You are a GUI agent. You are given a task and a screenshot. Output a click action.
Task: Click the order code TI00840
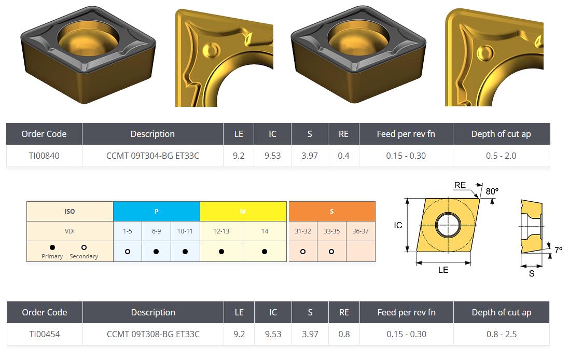pyautogui.click(x=44, y=156)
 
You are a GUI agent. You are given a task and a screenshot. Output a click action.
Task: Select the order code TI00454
pyautogui.click(x=44, y=334)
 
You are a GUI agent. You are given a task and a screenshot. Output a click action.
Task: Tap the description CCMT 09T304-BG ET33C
pyautogui.click(x=152, y=156)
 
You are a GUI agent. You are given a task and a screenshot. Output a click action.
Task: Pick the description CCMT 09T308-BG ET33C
pyautogui.click(x=153, y=334)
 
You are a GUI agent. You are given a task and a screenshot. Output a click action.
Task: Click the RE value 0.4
pyautogui.click(x=343, y=156)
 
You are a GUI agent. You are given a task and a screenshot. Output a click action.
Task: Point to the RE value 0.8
pyautogui.click(x=344, y=334)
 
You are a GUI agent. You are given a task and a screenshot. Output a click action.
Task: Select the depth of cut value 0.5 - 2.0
pyautogui.click(x=501, y=156)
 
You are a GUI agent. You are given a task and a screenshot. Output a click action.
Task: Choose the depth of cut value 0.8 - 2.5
pyautogui.click(x=502, y=334)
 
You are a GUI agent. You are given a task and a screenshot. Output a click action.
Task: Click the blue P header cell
pyautogui.click(x=157, y=211)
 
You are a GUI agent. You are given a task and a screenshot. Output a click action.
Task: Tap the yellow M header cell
pyautogui.click(x=243, y=211)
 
